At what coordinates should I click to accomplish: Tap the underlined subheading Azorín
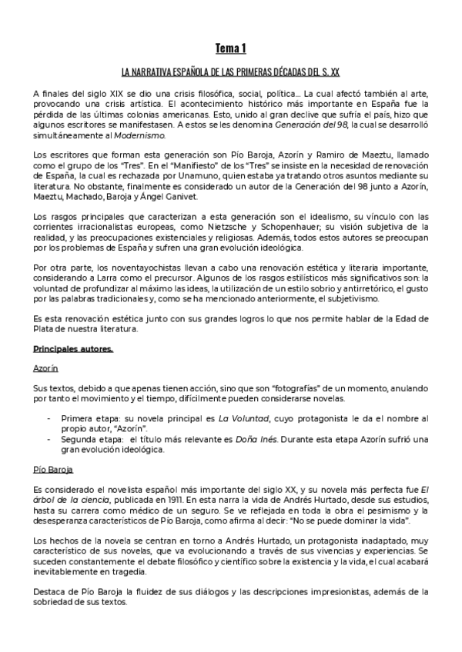(x=46, y=368)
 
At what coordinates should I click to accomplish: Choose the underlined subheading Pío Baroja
(x=53, y=467)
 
